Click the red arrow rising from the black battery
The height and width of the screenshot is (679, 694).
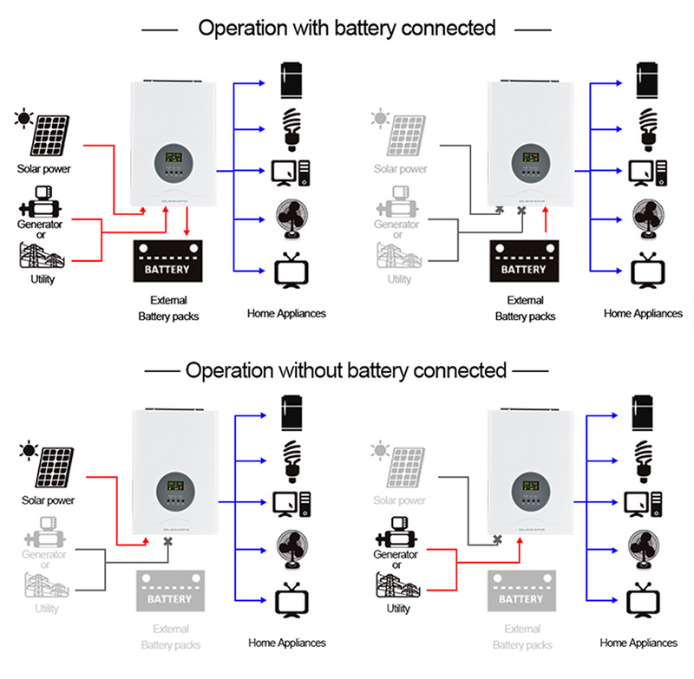pos(545,224)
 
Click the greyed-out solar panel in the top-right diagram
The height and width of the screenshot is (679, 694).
pos(409,134)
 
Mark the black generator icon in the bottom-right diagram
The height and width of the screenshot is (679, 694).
pos(395,528)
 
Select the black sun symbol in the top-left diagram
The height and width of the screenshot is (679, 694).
pos(21,117)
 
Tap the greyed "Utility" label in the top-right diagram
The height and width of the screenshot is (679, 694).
pos(399,279)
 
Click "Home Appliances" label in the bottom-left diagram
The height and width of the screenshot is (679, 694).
pos(286,643)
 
